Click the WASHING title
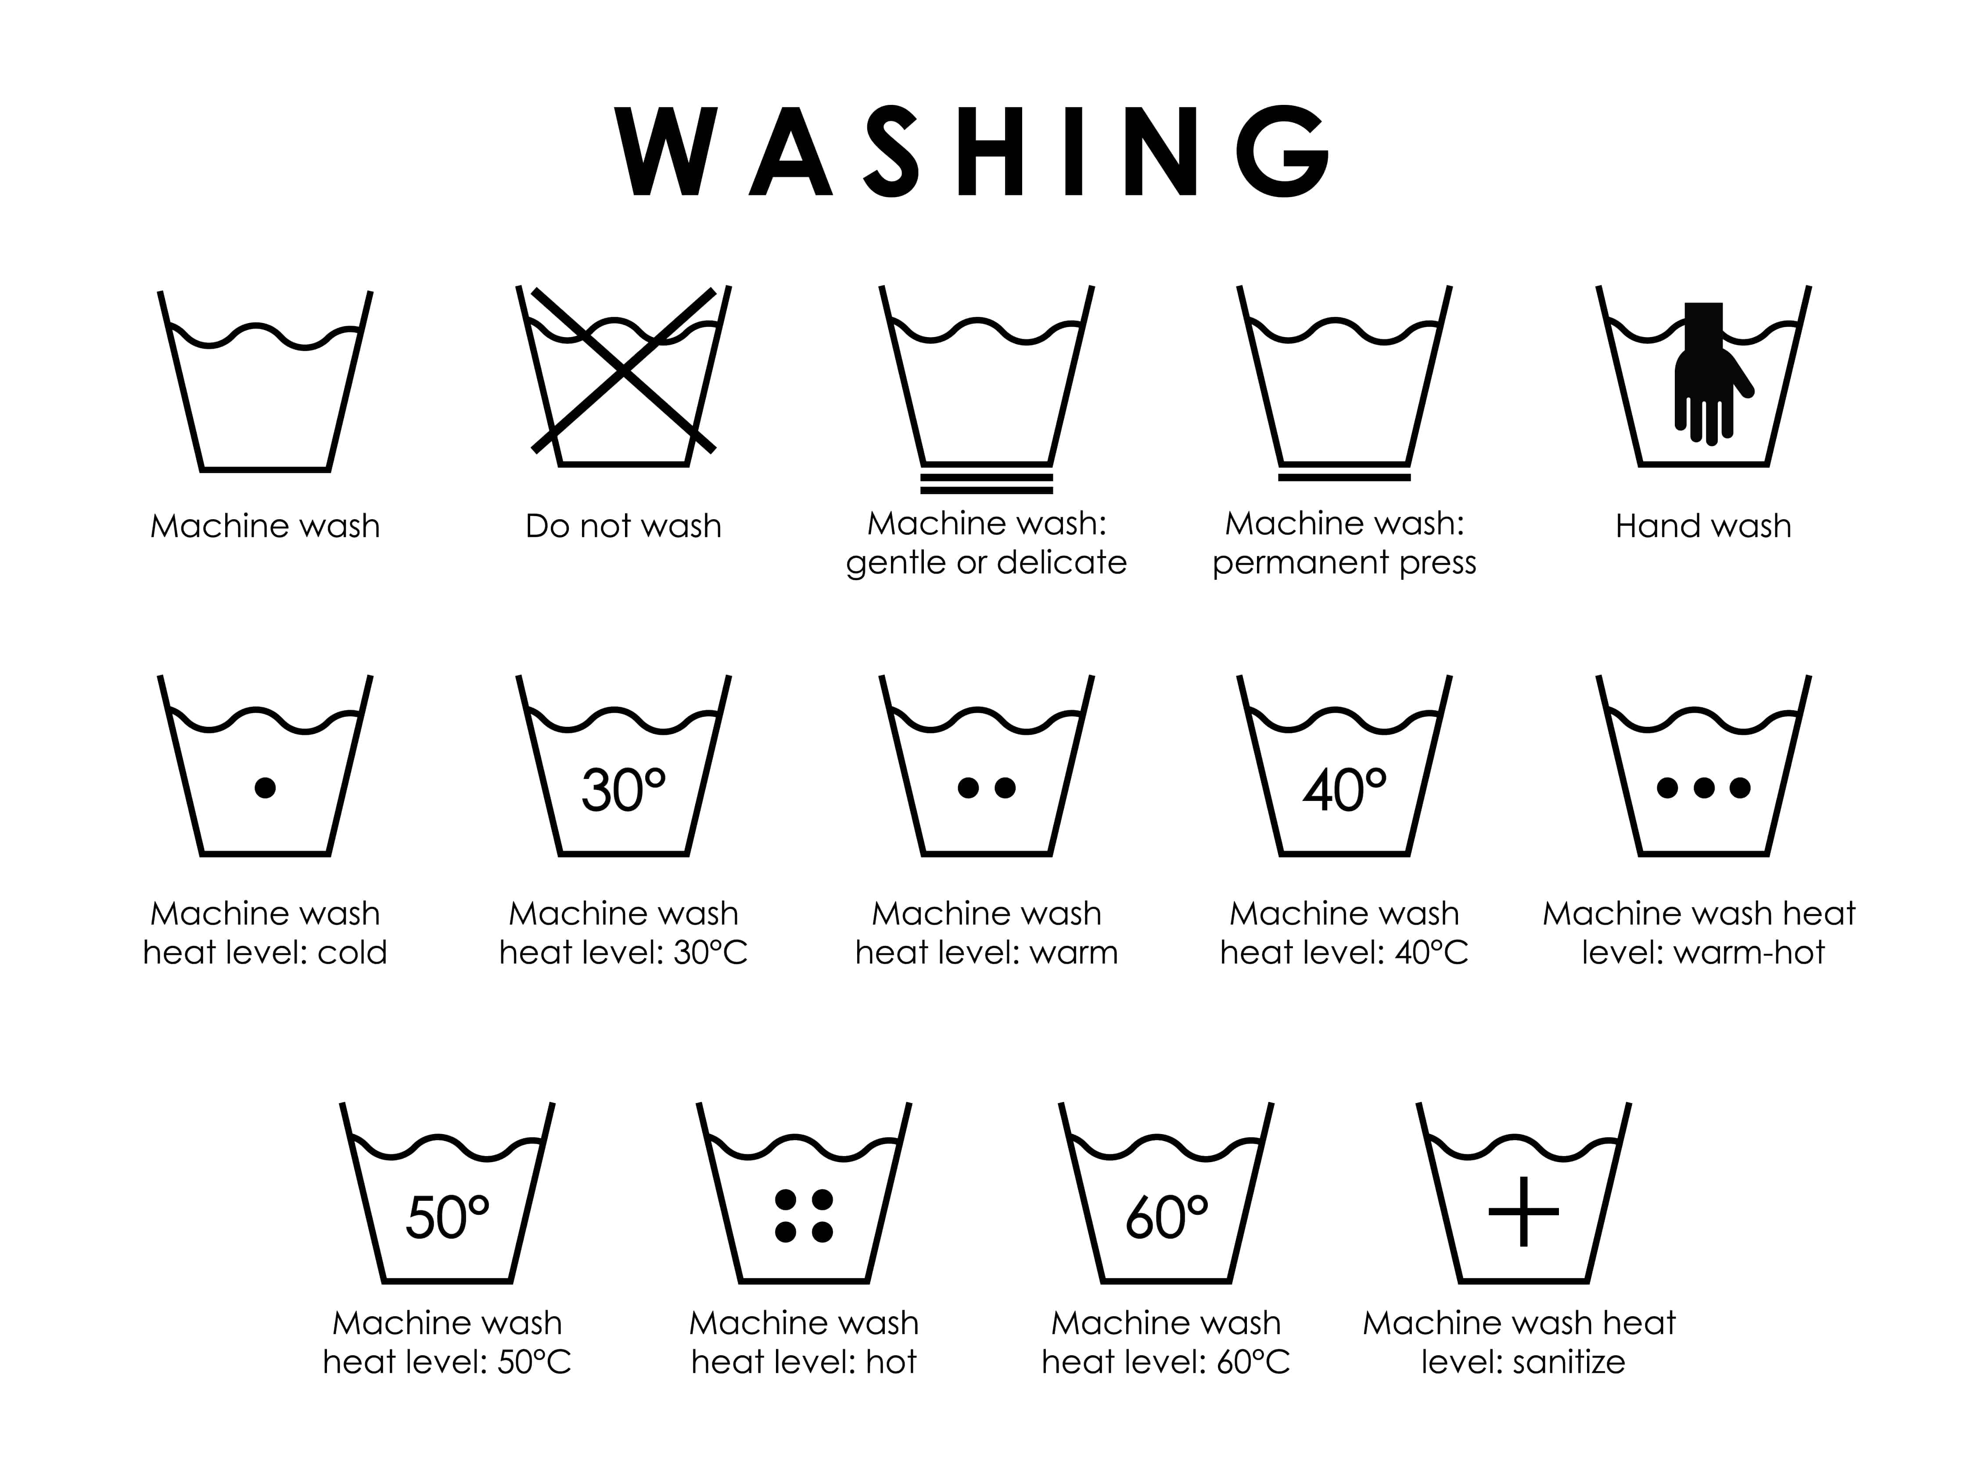pos(973,151)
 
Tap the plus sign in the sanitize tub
pos(1524,1212)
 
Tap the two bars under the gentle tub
pos(987,484)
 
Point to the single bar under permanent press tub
pos(1344,478)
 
